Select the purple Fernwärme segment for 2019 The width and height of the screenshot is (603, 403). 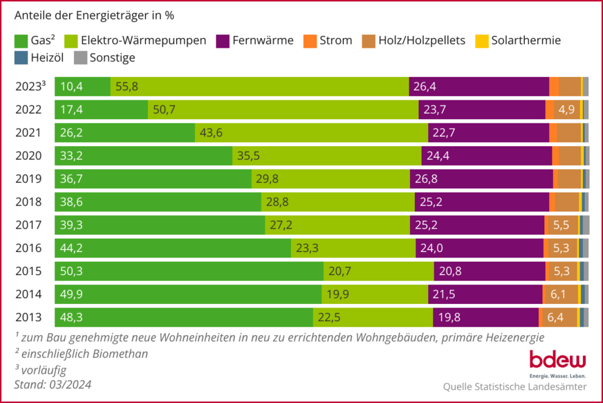click(x=481, y=179)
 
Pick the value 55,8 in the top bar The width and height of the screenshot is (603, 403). click(x=127, y=87)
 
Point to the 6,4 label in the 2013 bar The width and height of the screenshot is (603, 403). click(x=555, y=318)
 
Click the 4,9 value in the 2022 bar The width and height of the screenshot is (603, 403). click(x=566, y=109)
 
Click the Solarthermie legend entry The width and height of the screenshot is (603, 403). click(x=518, y=40)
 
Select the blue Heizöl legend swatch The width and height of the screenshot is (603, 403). click(x=21, y=58)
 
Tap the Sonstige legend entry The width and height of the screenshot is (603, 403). click(x=104, y=58)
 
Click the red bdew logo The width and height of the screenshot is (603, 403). click(x=557, y=361)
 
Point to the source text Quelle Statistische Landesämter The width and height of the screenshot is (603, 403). click(x=514, y=386)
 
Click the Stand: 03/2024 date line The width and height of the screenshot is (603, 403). click(x=53, y=384)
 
